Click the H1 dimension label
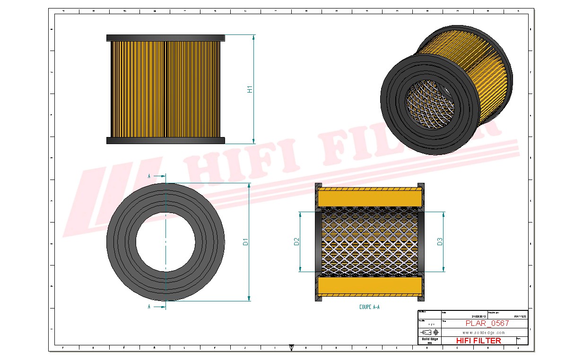(x=250, y=89)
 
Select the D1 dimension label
(x=245, y=242)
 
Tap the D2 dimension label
(x=296, y=242)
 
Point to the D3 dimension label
(x=440, y=242)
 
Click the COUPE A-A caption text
(x=369, y=307)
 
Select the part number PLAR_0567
(x=487, y=323)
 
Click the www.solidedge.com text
(x=483, y=333)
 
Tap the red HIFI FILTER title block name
(x=479, y=341)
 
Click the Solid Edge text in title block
(x=429, y=339)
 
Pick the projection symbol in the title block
(x=429, y=332)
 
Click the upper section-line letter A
(x=149, y=176)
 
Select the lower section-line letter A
(x=149, y=307)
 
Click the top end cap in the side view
(x=165, y=38)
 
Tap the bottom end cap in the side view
(x=165, y=140)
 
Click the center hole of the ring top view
(x=165, y=241)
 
